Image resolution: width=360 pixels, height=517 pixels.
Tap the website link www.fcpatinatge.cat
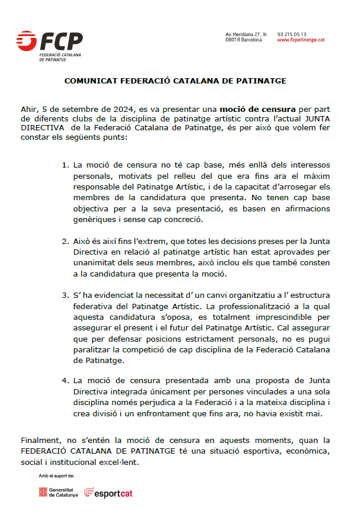(301, 40)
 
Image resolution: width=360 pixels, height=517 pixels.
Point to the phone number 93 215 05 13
(291, 34)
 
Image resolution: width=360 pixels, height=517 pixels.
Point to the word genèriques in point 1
(93, 220)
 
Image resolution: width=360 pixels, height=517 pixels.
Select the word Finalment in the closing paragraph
(38, 441)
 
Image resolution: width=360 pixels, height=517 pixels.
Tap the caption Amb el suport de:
(57, 476)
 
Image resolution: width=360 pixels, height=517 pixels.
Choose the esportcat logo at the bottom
(108, 492)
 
